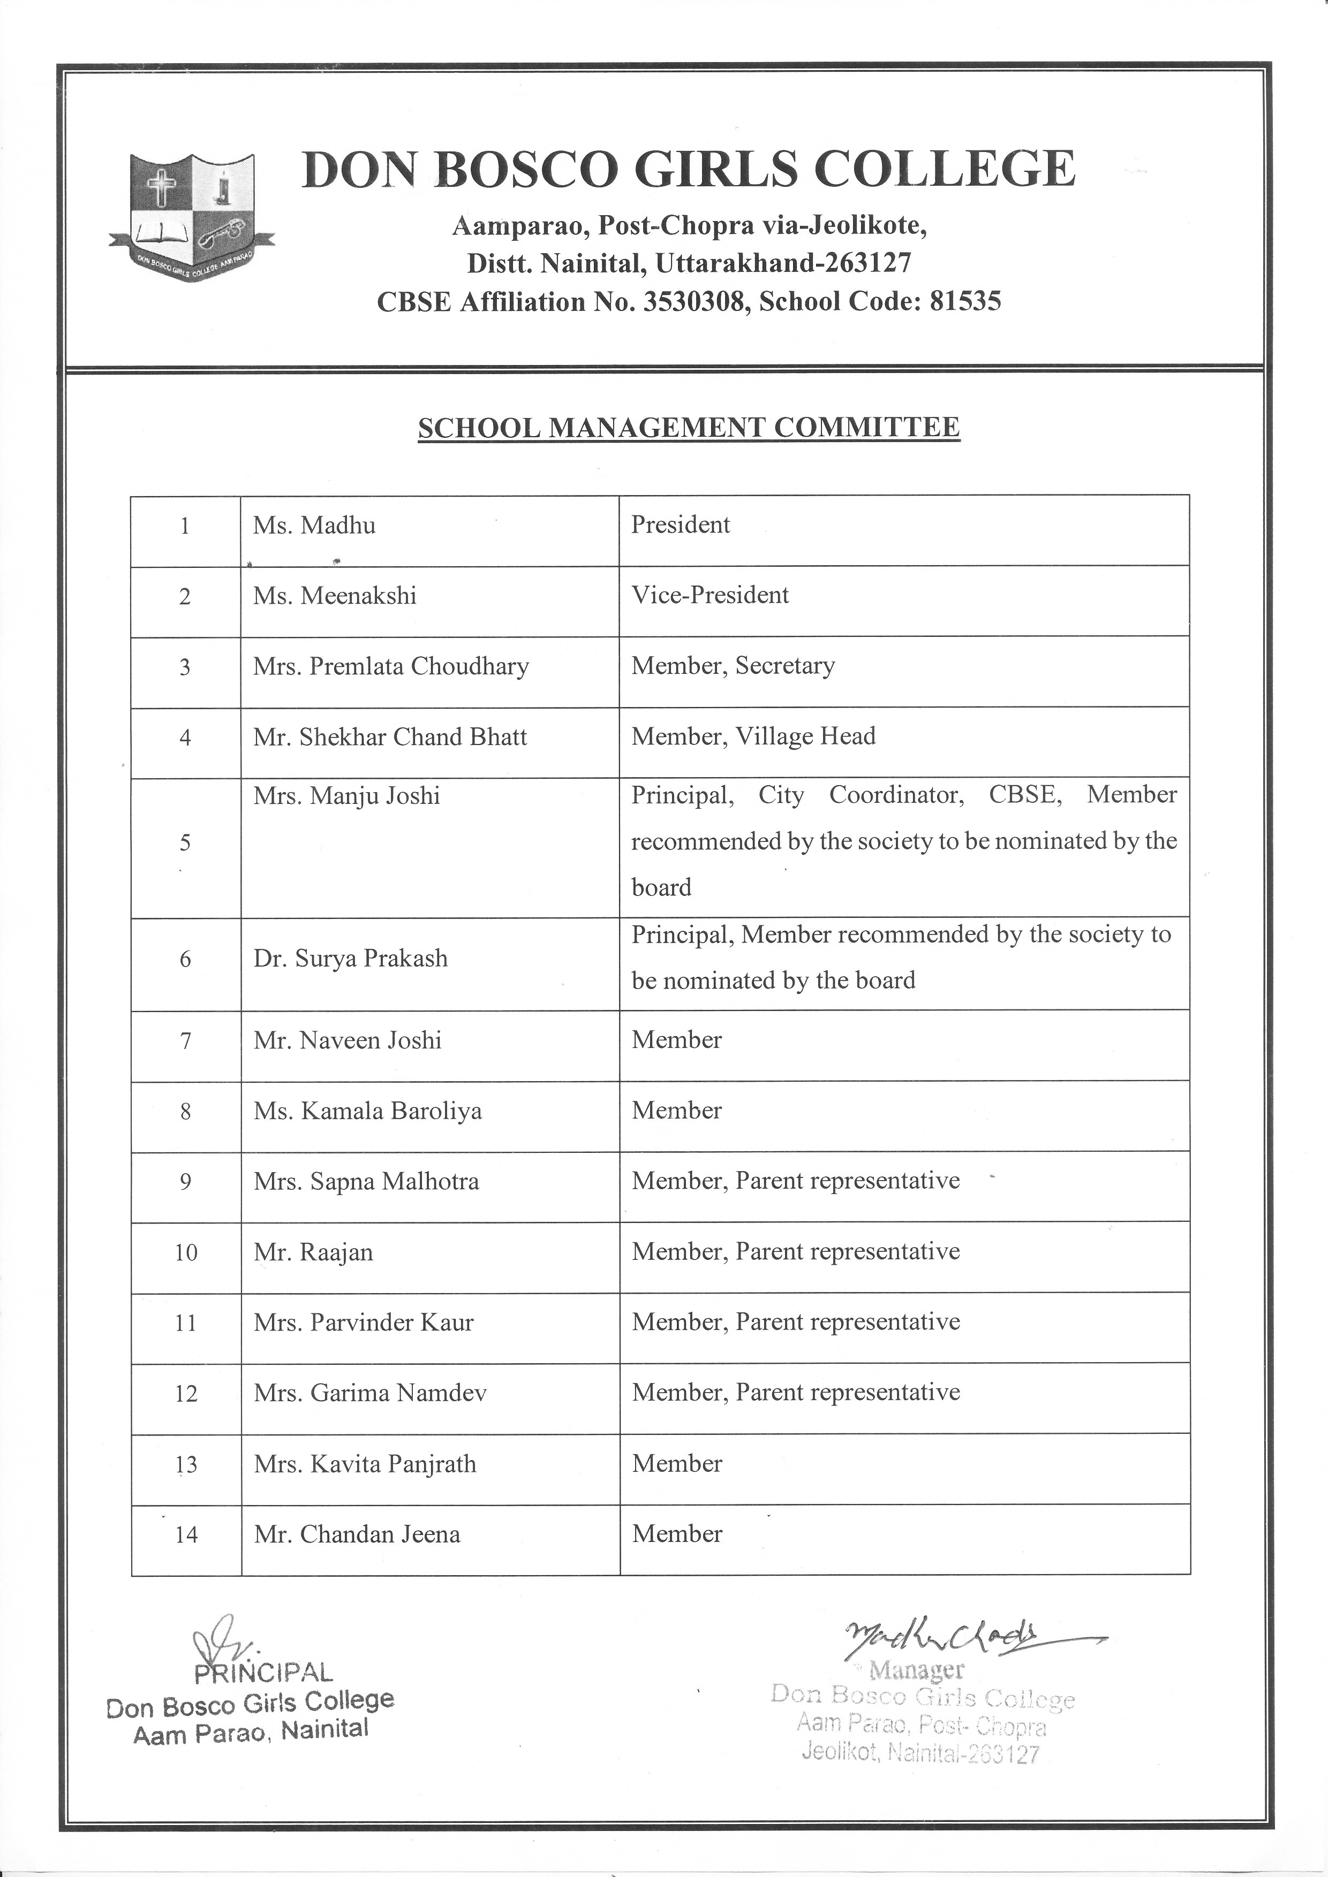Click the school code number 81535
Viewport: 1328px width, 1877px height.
[x=965, y=302]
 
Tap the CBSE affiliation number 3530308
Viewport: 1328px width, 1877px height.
[x=695, y=302]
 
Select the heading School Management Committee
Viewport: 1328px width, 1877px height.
[x=689, y=428]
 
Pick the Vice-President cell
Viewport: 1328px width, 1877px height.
[x=710, y=595]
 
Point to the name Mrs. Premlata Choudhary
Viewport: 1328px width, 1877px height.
[x=391, y=666]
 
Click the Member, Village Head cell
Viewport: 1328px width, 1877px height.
[x=753, y=736]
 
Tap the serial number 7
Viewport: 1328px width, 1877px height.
[x=186, y=1040]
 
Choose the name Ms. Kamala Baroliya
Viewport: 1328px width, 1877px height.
[x=367, y=1111]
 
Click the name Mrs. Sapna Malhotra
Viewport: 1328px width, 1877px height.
[x=366, y=1181]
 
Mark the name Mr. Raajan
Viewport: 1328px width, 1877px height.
[x=313, y=1252]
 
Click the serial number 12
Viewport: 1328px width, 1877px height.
[x=186, y=1394]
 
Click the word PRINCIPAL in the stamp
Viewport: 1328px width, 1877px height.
[x=263, y=1673]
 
